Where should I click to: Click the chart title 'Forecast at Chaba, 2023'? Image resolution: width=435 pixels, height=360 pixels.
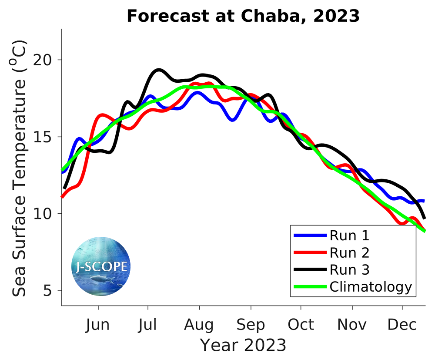tap(243, 16)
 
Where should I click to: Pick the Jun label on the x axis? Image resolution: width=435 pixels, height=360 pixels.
tap(98, 325)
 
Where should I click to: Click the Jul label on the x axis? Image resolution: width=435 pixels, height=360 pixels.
tap(148, 325)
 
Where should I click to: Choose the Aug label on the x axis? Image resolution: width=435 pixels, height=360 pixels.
tap(199, 325)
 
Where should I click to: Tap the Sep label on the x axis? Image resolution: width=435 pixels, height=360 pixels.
tap(251, 325)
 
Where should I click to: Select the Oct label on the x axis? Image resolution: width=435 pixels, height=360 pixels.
tap(301, 325)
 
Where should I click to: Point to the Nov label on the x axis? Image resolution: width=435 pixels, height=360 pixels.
tap(352, 325)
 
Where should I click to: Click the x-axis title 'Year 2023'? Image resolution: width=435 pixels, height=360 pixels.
tap(243, 345)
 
